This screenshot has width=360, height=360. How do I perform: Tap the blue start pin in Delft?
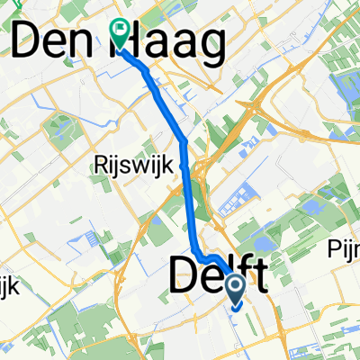pos(236,287)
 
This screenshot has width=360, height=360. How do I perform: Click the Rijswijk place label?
pos(124,165)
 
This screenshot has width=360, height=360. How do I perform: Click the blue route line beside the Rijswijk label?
pos(186,166)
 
